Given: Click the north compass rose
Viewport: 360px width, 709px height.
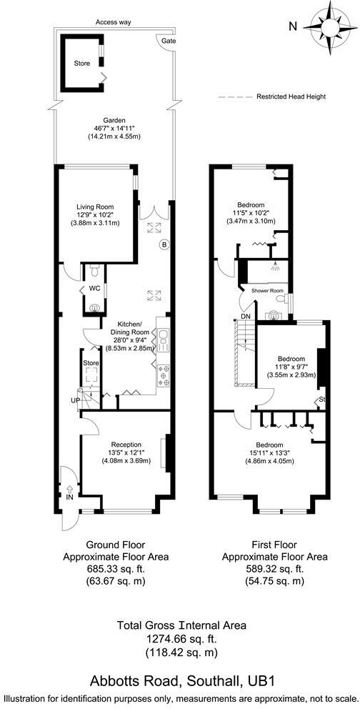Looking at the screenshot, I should point(328,27).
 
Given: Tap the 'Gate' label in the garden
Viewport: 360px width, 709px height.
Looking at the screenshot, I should point(169,41).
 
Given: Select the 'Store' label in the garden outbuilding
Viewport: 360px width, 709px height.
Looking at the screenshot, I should point(82,63).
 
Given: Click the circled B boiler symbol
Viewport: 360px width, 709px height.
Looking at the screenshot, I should point(164,245).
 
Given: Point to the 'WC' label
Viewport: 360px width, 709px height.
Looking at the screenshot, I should point(93,288).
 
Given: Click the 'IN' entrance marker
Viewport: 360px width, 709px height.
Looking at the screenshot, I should point(69,495).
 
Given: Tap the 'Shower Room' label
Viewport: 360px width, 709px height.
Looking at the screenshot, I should point(267,291).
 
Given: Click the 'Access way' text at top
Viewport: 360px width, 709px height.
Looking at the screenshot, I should point(114,22).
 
